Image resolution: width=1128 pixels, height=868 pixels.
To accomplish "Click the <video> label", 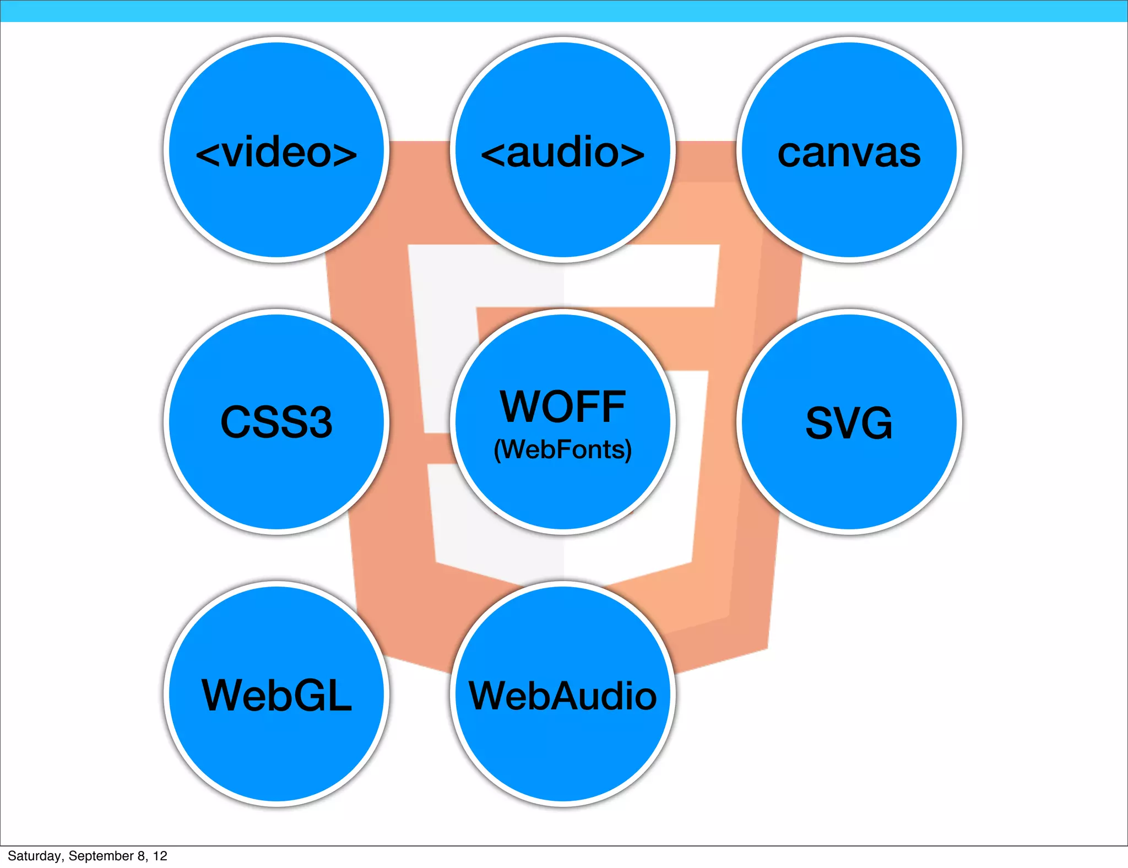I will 276,153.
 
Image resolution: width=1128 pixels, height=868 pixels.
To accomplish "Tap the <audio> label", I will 563,153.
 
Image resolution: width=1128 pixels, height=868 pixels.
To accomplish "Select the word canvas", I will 849,154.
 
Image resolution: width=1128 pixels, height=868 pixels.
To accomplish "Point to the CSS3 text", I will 276,422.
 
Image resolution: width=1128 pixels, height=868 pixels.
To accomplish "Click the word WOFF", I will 563,407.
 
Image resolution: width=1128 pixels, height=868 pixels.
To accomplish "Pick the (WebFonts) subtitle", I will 563,449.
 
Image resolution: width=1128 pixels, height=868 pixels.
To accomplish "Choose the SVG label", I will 849,423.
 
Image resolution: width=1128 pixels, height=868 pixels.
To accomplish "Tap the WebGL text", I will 276,695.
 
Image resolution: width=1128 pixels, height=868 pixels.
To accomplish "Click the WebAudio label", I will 563,696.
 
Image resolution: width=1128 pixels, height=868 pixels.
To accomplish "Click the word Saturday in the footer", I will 34,856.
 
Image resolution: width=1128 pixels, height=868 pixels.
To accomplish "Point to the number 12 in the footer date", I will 160,856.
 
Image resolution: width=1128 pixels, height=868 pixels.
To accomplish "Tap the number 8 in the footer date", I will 142,856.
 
